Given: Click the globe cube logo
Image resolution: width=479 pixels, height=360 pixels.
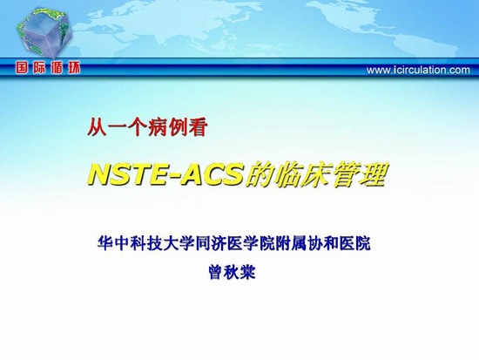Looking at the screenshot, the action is point(44,32).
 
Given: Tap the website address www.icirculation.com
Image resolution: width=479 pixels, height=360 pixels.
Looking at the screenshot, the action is point(418,70).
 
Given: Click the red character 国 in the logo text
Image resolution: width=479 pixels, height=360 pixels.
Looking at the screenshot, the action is point(22,68).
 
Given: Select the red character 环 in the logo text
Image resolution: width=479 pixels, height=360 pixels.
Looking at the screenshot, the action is point(74,68).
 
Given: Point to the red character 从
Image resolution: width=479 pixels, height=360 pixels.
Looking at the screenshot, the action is point(97,127).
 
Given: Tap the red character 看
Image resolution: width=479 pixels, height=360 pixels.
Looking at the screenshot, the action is point(198,127).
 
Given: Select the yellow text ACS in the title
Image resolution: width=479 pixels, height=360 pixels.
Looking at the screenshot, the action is point(213,175).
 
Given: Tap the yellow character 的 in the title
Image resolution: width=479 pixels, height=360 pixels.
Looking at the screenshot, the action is point(259,175).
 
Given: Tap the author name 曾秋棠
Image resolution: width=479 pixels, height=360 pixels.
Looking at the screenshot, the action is point(233,272).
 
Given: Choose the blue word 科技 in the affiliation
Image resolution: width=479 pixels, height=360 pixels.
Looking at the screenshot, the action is point(146,243).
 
